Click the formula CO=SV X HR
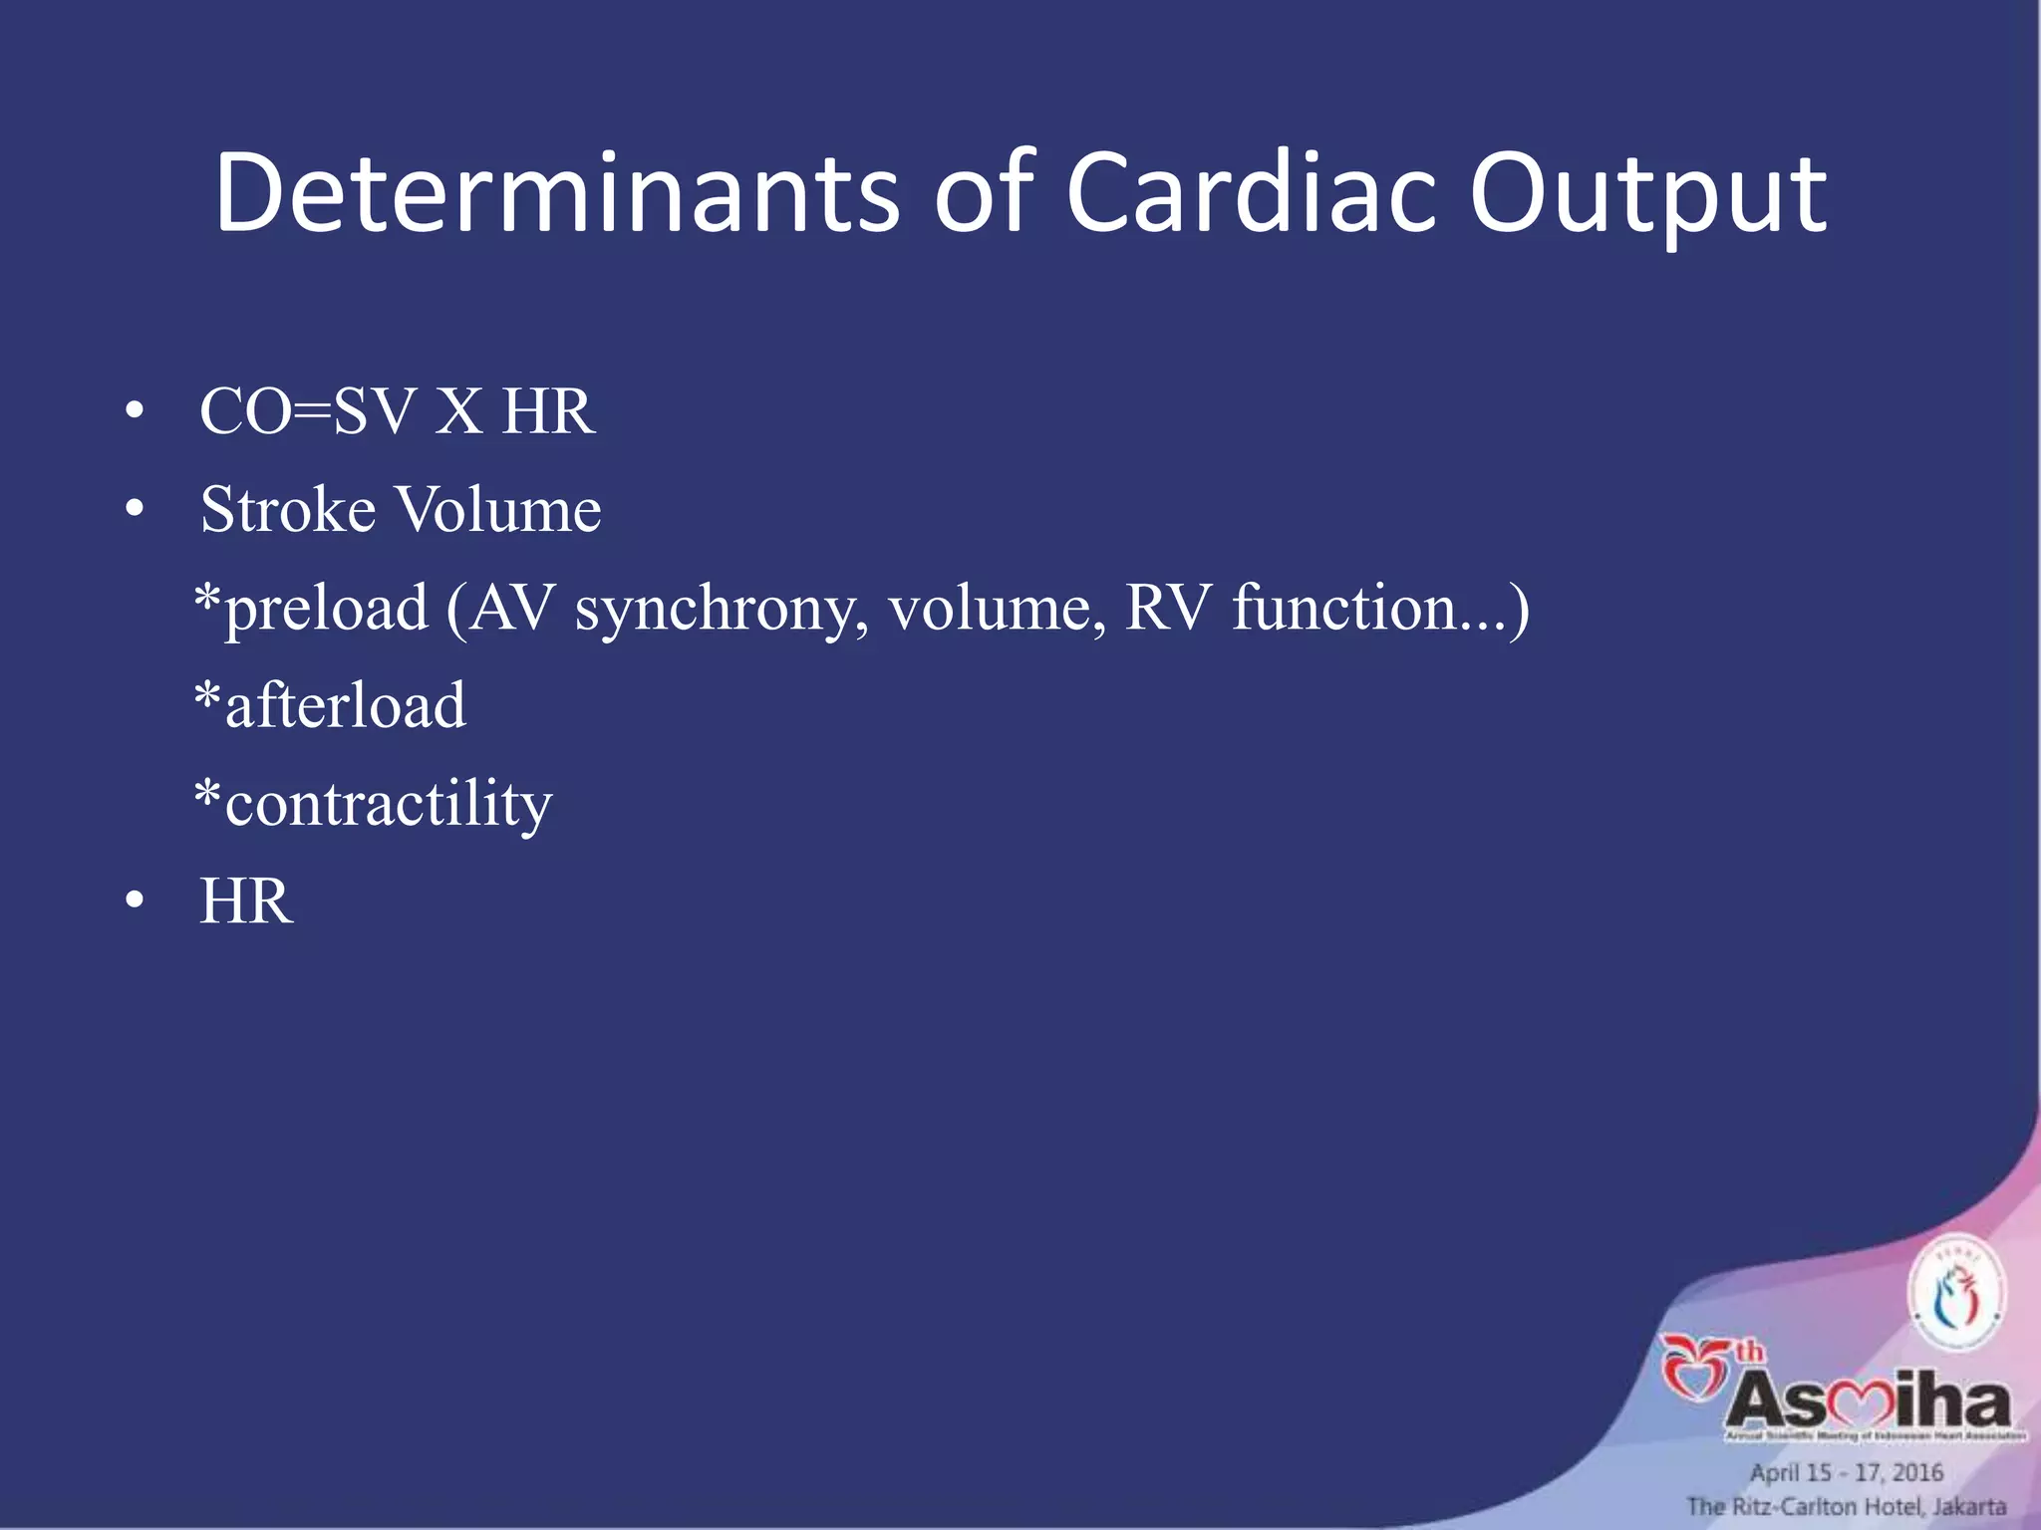click(x=397, y=411)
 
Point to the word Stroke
click(x=288, y=509)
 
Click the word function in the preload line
click(x=1345, y=608)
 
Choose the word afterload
click(x=345, y=705)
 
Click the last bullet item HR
click(x=246, y=901)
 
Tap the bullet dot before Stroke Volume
click(x=135, y=510)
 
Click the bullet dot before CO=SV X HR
click(x=135, y=412)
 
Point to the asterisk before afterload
click(x=207, y=697)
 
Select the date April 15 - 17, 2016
click(x=1846, y=1472)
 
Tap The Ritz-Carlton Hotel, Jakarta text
click(x=1846, y=1506)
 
